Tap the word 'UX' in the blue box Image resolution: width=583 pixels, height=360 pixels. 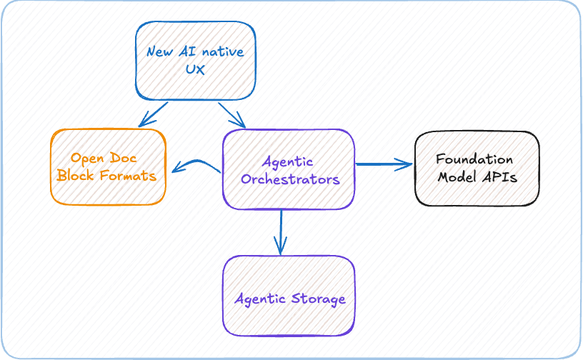pyautogui.click(x=195, y=70)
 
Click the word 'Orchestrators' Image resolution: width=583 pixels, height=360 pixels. pyautogui.click(x=289, y=179)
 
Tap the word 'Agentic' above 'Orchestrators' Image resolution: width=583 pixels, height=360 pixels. pyautogui.click(x=289, y=161)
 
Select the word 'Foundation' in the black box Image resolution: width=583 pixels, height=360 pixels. pyautogui.click(x=475, y=159)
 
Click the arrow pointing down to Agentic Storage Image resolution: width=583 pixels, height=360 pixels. pyautogui.click(x=281, y=231)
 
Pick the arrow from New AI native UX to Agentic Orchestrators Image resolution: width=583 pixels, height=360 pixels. pyautogui.click(x=232, y=114)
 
